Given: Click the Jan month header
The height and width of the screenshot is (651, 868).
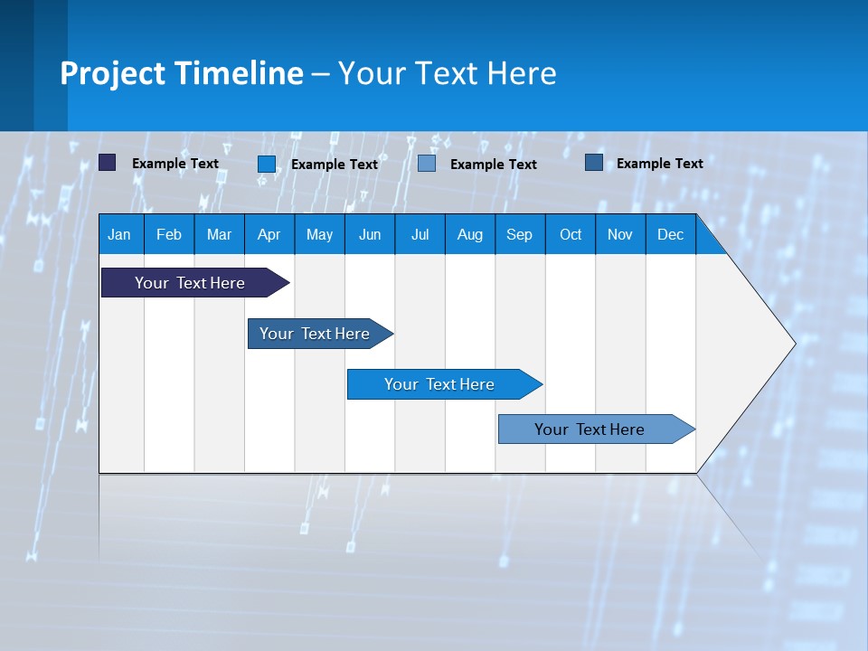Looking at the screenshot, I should (x=119, y=235).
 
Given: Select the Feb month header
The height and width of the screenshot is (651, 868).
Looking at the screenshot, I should (x=169, y=235).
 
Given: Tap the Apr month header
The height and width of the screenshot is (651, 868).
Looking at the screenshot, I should (x=269, y=235).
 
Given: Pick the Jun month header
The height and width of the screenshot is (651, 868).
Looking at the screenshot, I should (x=370, y=235).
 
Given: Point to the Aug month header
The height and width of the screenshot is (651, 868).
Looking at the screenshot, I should (x=469, y=235).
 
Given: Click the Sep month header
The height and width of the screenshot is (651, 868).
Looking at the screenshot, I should (x=519, y=235).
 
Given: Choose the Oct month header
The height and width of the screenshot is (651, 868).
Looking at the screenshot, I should (x=571, y=235).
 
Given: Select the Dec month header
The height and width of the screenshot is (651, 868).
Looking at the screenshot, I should (x=670, y=235).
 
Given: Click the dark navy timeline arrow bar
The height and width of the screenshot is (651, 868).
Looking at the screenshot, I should (x=190, y=283).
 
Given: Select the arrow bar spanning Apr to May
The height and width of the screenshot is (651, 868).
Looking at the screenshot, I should (x=315, y=334).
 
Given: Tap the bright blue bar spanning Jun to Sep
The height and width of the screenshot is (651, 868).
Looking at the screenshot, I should (x=439, y=384).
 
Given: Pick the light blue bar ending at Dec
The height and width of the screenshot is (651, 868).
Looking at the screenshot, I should (x=590, y=429).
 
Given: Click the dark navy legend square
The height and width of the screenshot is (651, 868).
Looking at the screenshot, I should (x=108, y=163).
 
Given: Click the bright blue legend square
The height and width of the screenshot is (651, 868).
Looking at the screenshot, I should (x=267, y=164).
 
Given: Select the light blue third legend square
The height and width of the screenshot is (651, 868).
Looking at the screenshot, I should (x=427, y=164).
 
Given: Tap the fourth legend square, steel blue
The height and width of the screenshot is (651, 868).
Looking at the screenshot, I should (x=593, y=163).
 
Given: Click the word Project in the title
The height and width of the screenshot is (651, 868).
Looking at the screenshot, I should (x=112, y=73).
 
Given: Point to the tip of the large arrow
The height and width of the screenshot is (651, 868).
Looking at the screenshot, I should (x=793, y=344).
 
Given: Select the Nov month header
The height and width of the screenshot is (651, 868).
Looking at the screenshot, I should (x=620, y=235).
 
